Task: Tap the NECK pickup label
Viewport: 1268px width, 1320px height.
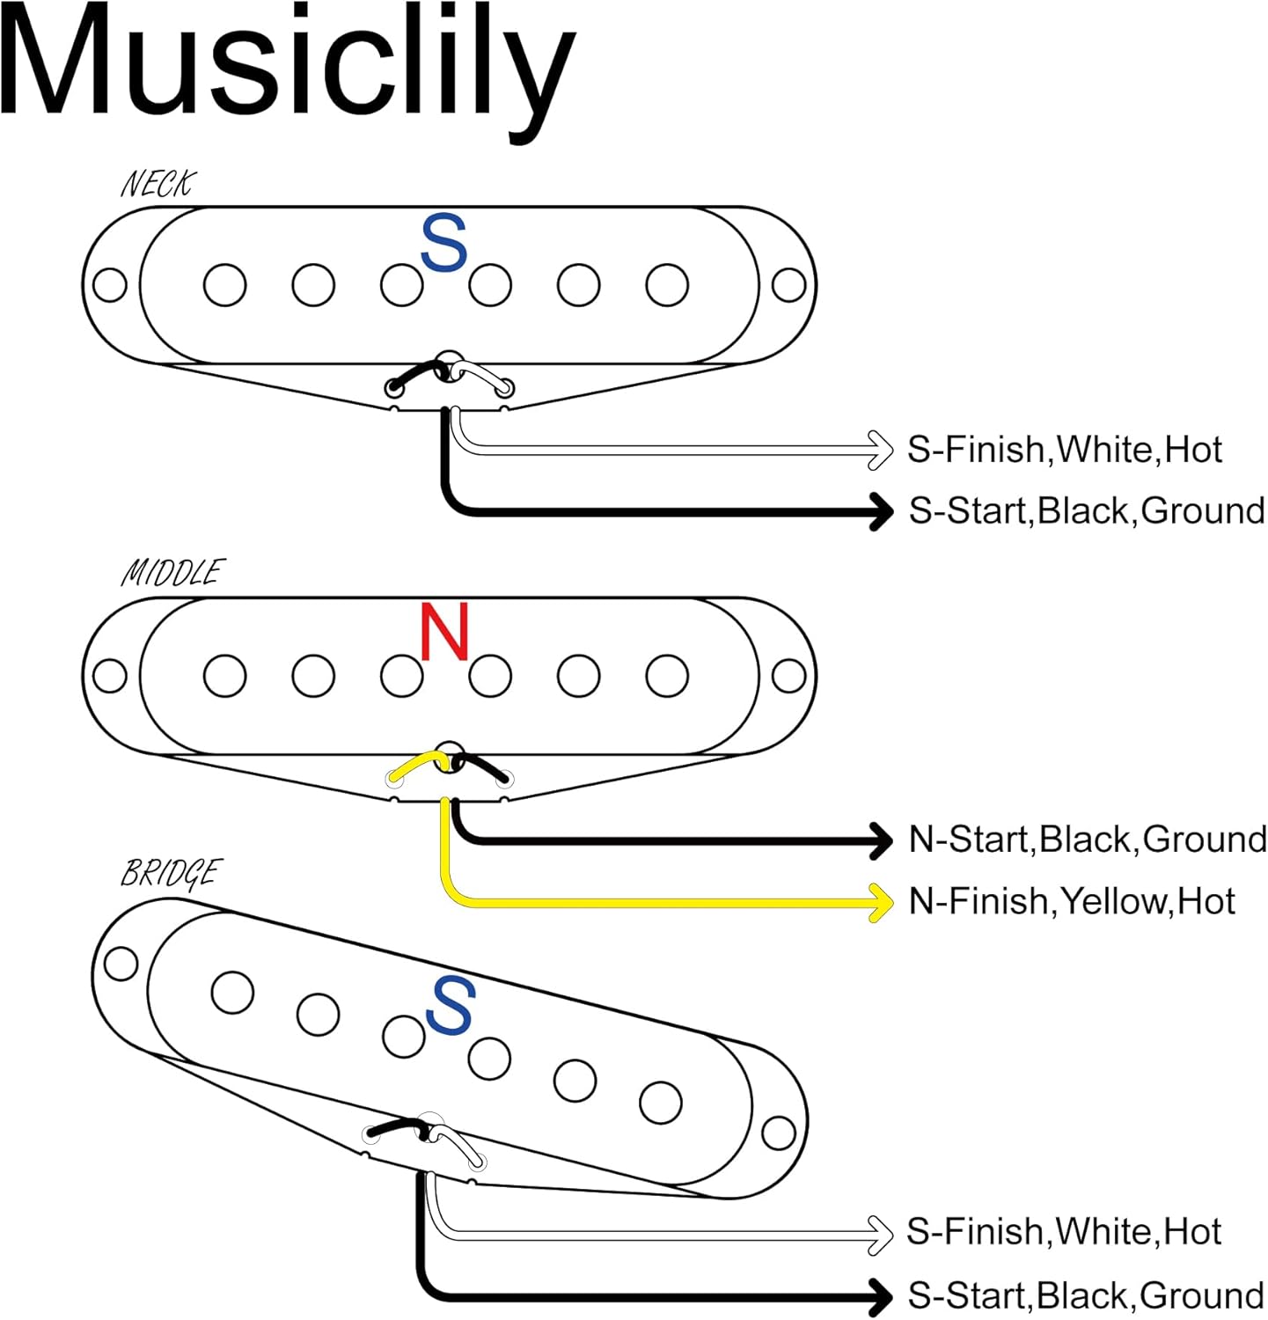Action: pyautogui.click(x=158, y=184)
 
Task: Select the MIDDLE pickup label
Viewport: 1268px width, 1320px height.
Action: pyautogui.click(x=172, y=573)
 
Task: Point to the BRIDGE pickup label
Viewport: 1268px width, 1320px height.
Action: pyautogui.click(x=170, y=873)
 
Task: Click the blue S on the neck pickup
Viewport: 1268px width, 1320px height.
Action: pyautogui.click(x=443, y=243)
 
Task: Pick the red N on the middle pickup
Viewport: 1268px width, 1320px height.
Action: pyautogui.click(x=444, y=632)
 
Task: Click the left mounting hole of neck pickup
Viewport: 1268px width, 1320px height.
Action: pyautogui.click(x=110, y=285)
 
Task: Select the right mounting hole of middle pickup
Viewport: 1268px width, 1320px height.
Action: pyautogui.click(x=788, y=676)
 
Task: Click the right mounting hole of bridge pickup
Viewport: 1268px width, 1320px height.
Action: pyautogui.click(x=779, y=1133)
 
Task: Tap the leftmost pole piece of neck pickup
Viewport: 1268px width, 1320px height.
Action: pyautogui.click(x=224, y=285)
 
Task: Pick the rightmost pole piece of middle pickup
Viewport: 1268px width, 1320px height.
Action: pyautogui.click(x=667, y=676)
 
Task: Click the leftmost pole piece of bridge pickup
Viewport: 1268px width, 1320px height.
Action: pyautogui.click(x=233, y=992)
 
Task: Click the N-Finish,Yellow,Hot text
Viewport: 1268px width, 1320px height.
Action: pyautogui.click(x=1072, y=901)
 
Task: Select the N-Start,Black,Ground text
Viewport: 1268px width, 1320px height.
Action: pyautogui.click(x=1087, y=840)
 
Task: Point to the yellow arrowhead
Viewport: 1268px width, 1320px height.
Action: pyautogui.click(x=881, y=902)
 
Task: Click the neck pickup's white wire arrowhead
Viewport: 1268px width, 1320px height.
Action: pyautogui.click(x=880, y=450)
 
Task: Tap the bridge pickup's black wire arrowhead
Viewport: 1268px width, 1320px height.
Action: pyautogui.click(x=880, y=1296)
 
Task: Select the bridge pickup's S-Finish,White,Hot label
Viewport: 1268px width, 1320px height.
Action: pyautogui.click(x=1063, y=1231)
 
